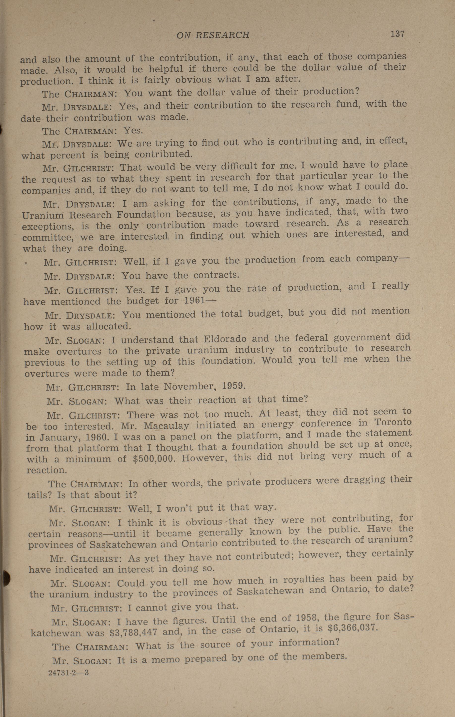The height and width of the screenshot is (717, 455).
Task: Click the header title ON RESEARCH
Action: tap(213, 35)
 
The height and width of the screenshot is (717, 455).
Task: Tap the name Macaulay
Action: tap(166, 426)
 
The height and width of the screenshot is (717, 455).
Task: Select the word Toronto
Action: tap(393, 422)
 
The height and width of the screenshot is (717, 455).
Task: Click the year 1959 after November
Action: tap(234, 386)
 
